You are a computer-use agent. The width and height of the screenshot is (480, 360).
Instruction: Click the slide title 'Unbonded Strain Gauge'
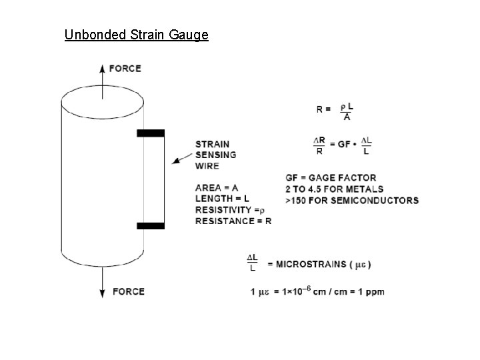[136, 34]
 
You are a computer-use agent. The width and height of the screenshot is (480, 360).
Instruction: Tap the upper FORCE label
[125, 68]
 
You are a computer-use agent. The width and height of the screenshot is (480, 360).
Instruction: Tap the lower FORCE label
[128, 291]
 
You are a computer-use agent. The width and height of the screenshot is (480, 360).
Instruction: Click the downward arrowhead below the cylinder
[101, 293]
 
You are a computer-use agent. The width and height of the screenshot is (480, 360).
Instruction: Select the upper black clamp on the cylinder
[151, 133]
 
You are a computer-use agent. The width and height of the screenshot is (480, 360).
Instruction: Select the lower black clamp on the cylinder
[151, 226]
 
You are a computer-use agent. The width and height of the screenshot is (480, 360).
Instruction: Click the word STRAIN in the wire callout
[212, 144]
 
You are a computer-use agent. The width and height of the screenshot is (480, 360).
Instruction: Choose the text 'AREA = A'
[217, 188]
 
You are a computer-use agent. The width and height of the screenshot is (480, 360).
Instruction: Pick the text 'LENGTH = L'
[222, 199]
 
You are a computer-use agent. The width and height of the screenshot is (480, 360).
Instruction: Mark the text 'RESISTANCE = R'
[233, 221]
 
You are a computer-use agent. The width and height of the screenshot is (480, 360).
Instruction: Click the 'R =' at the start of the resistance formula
[323, 109]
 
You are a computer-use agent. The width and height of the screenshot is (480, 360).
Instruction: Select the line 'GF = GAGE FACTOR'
[331, 178]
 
